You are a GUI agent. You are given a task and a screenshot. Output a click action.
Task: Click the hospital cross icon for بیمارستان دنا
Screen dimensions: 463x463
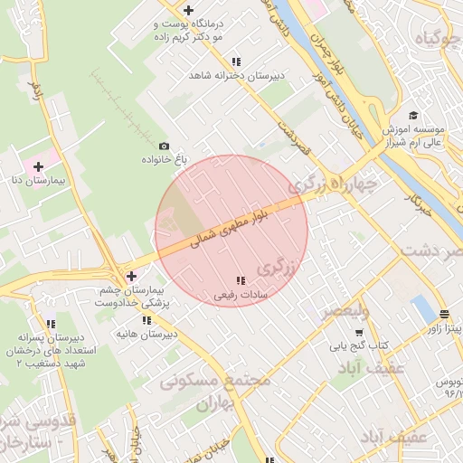click(x=39, y=166)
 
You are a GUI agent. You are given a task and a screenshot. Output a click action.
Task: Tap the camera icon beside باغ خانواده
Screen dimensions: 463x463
click(x=164, y=146)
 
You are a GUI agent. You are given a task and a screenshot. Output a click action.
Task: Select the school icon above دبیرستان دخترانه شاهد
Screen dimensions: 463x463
click(x=236, y=62)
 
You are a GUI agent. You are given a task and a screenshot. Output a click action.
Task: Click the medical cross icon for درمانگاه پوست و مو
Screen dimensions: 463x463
click(x=188, y=10)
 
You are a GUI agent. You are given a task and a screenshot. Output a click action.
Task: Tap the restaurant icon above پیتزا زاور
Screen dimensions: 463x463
click(x=444, y=316)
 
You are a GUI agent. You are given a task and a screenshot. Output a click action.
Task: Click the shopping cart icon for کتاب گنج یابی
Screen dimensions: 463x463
click(x=358, y=333)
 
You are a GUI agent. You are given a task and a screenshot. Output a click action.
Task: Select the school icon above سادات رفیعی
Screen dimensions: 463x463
click(x=240, y=281)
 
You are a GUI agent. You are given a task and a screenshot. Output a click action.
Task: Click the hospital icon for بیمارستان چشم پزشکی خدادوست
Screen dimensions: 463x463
click(x=132, y=276)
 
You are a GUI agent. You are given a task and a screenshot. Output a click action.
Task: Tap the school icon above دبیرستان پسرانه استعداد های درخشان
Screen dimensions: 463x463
click(x=52, y=324)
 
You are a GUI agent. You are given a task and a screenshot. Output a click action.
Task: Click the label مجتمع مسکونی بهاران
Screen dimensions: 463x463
click(x=215, y=392)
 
